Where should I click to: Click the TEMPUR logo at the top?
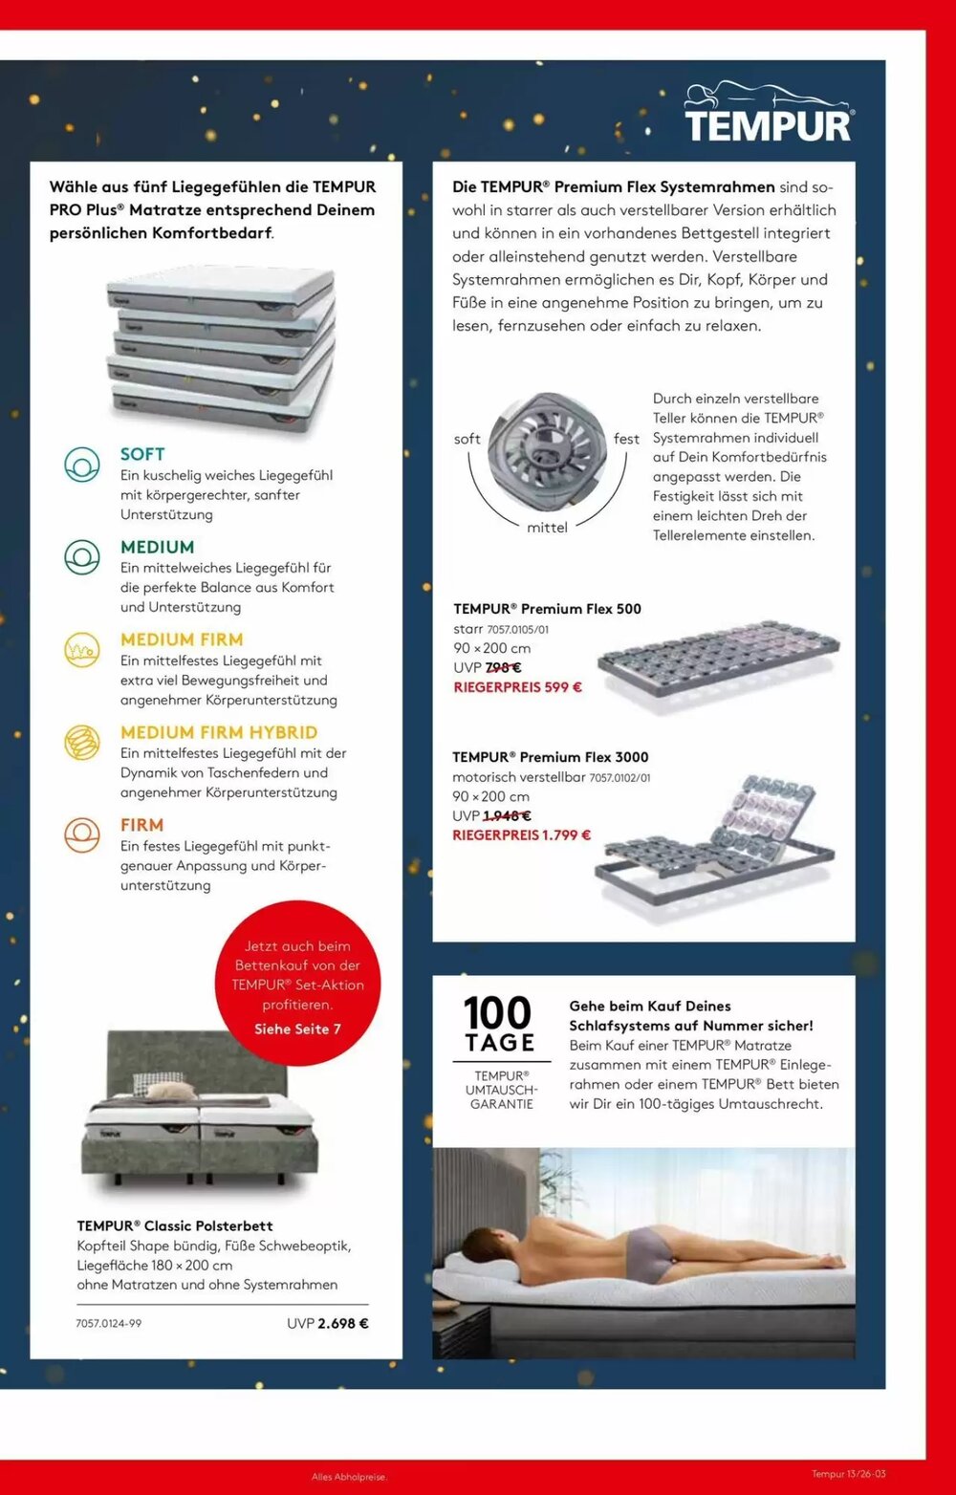click(x=768, y=114)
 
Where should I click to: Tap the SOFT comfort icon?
click(x=82, y=465)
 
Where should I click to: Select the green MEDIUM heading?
click(x=157, y=547)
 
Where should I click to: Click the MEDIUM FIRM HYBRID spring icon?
click(x=82, y=743)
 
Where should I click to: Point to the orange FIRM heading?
click(x=141, y=825)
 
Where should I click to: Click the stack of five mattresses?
click(x=221, y=349)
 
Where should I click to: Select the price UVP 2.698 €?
click(x=328, y=1324)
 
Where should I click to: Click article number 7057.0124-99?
click(x=109, y=1324)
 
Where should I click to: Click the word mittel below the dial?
click(x=547, y=528)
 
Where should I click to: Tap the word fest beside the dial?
click(x=626, y=439)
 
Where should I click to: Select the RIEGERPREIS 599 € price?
click(x=517, y=687)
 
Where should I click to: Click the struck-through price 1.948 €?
click(x=507, y=816)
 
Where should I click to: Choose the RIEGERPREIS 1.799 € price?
click(x=521, y=835)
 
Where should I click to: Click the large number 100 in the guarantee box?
click(x=497, y=1013)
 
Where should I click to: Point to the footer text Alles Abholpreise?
click(x=349, y=1477)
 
